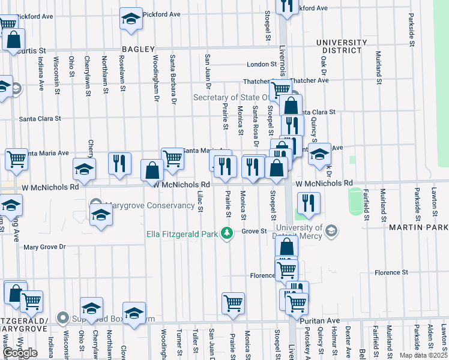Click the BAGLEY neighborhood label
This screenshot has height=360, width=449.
coord(138,49)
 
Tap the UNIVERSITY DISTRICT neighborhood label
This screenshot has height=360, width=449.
coord(342,46)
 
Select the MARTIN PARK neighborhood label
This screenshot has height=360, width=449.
coord(418,228)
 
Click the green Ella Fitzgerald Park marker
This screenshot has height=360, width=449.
coord(226,232)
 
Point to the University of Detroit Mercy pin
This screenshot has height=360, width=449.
coord(330,231)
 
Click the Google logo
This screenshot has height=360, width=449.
coord(20,353)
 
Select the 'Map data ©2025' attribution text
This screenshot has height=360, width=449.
coord(424,355)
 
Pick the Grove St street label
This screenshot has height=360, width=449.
coord(254,231)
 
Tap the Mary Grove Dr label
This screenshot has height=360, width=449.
coord(44,247)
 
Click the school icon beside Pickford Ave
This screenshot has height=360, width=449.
coord(131,19)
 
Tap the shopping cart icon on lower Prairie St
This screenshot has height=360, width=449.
coord(233,302)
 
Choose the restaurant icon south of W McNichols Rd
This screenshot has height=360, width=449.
coord(309,203)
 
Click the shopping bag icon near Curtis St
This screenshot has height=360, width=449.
coord(13,41)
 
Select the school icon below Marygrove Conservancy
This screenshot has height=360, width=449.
coord(101,215)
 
